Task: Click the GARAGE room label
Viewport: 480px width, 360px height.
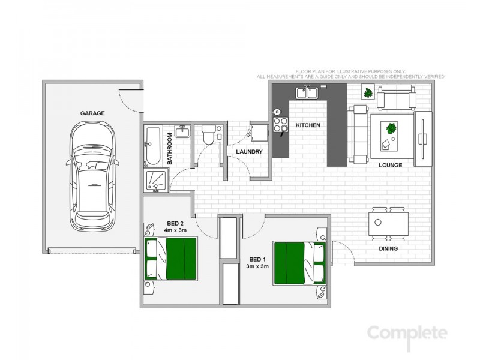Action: pos(93,113)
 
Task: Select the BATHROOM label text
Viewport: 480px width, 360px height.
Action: pos(170,149)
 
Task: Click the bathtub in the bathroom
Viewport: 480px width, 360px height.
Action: pos(152,146)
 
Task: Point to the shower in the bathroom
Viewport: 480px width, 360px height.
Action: pos(155,181)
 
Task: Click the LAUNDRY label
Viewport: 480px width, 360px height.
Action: pos(249,152)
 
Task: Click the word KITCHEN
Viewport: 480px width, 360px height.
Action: pos(308,125)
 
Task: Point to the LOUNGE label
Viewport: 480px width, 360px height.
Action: pos(390,165)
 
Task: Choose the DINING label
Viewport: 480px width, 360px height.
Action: pos(388,248)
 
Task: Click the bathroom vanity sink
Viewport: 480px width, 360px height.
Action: pos(183,132)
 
